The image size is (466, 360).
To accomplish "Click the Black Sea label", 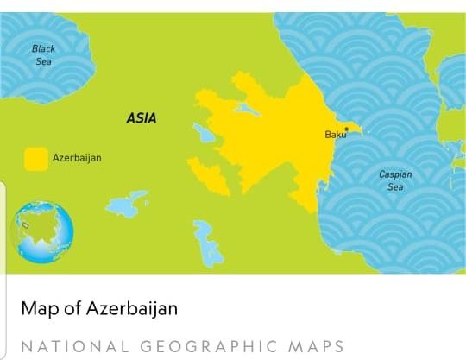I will pyautogui.click(x=43, y=55).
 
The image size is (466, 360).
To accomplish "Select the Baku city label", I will pyautogui.click(x=335, y=135).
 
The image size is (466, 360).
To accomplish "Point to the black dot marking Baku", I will pyautogui.click(x=346, y=129).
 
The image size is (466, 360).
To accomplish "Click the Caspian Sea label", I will pyautogui.click(x=395, y=180).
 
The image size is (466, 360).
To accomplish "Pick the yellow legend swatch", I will pyautogui.click(x=35, y=159).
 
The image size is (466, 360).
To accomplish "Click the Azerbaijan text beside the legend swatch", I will pyautogui.click(x=77, y=158).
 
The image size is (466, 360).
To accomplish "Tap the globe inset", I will pyautogui.click(x=41, y=231).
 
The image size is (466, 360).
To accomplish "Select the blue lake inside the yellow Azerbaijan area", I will pyautogui.click(x=247, y=111).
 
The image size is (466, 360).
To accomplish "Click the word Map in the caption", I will pyautogui.click(x=37, y=308).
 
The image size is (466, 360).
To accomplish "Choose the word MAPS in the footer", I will pyautogui.click(x=315, y=346).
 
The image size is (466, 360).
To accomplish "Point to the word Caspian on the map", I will pyautogui.click(x=395, y=174).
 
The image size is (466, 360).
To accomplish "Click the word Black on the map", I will pyautogui.click(x=43, y=49).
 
